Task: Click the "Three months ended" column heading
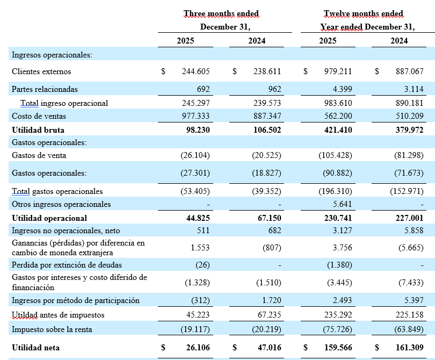(x=221, y=13)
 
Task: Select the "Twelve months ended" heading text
(x=363, y=13)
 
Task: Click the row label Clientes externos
(x=41, y=71)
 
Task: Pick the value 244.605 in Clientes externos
(x=195, y=71)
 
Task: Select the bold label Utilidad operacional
(x=49, y=218)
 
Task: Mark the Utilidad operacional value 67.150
(x=267, y=218)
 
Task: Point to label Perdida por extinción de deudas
(x=67, y=264)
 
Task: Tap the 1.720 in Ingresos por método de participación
(x=270, y=300)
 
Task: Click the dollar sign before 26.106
(x=163, y=348)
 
